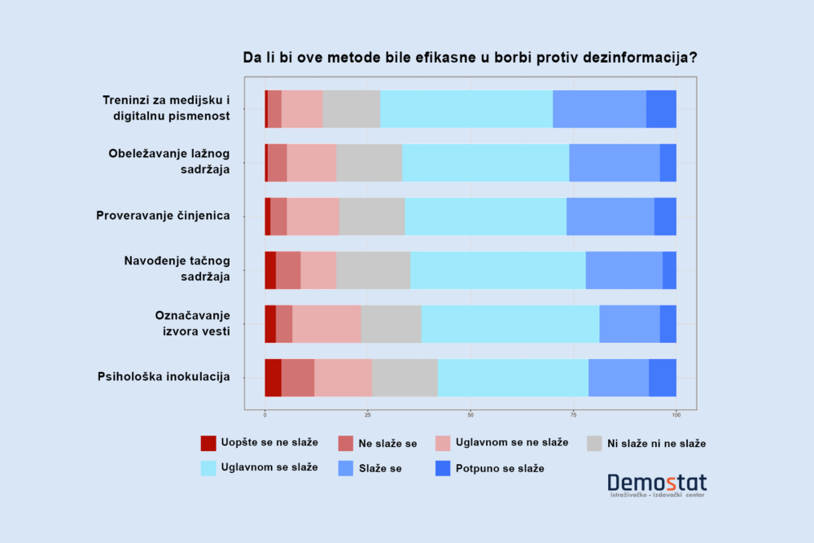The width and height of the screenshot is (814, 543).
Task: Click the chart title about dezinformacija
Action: tap(470, 58)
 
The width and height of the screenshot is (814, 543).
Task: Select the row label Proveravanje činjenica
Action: tap(163, 216)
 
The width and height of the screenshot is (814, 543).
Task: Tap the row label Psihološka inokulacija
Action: tap(164, 377)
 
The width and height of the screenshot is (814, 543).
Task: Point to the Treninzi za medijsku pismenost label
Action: tap(166, 108)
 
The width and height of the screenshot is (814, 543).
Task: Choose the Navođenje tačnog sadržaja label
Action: tap(177, 269)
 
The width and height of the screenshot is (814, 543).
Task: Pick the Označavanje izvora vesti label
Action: tap(193, 322)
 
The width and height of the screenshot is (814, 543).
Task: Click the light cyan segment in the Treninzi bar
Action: tap(466, 109)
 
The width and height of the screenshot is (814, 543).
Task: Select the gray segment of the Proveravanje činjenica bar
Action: tap(372, 217)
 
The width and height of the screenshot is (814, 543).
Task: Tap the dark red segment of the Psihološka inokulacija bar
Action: tap(273, 378)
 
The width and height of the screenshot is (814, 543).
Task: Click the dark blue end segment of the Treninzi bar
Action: tap(661, 109)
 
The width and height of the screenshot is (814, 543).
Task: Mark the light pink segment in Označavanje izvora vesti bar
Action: tap(326, 324)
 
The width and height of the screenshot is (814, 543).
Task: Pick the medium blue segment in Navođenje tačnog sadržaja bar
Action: tap(624, 270)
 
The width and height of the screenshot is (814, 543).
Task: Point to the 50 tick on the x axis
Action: tap(470, 415)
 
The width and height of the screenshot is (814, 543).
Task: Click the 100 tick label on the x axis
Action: tap(676, 415)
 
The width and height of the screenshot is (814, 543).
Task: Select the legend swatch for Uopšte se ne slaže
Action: tap(208, 443)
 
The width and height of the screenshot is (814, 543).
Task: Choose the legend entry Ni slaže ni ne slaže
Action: tap(658, 444)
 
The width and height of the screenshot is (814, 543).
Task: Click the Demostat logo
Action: tap(657, 485)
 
